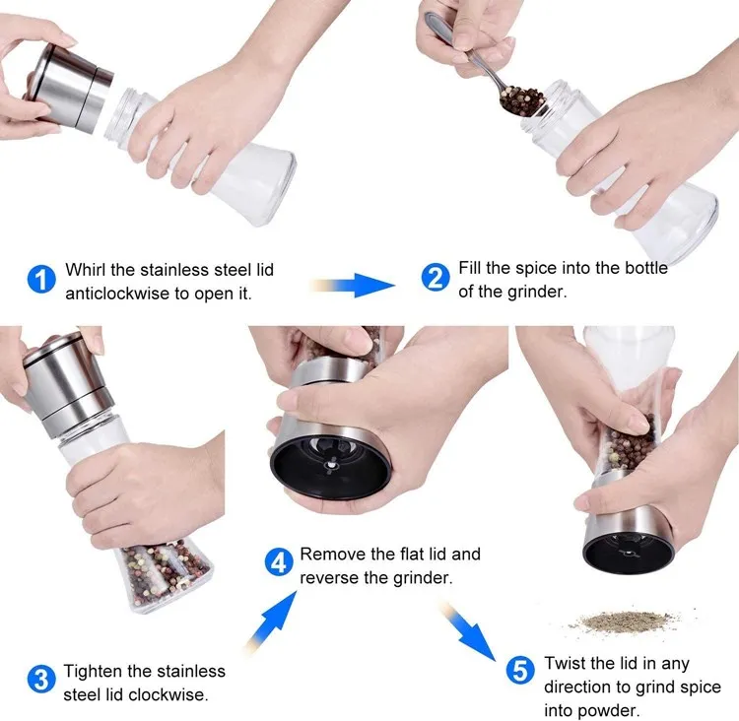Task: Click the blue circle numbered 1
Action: (x=41, y=279)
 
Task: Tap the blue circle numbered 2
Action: (x=435, y=277)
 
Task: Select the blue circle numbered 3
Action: (x=41, y=679)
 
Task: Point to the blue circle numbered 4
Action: (x=279, y=561)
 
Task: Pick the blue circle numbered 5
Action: (x=520, y=670)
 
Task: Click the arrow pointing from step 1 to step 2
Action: (x=353, y=285)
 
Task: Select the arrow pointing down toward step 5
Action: (x=469, y=631)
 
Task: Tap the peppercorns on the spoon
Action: (x=521, y=99)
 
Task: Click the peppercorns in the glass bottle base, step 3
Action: (x=163, y=574)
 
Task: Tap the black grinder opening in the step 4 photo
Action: (x=330, y=466)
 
